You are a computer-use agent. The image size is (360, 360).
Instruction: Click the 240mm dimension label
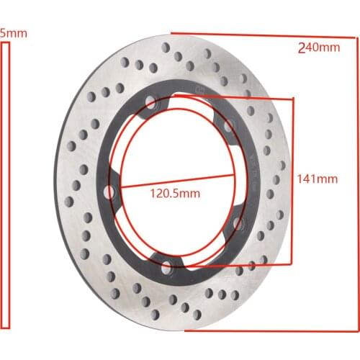click(x=319, y=48)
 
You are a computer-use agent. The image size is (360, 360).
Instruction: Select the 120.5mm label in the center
click(x=176, y=192)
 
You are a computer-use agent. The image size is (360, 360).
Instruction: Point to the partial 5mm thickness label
click(x=9, y=33)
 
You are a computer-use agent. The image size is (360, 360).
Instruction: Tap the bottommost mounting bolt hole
click(x=168, y=269)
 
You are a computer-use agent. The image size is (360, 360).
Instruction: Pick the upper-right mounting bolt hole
click(x=230, y=127)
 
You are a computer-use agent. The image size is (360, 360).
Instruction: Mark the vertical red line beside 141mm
click(x=292, y=180)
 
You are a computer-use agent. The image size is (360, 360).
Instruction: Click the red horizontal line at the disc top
click(x=252, y=34)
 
